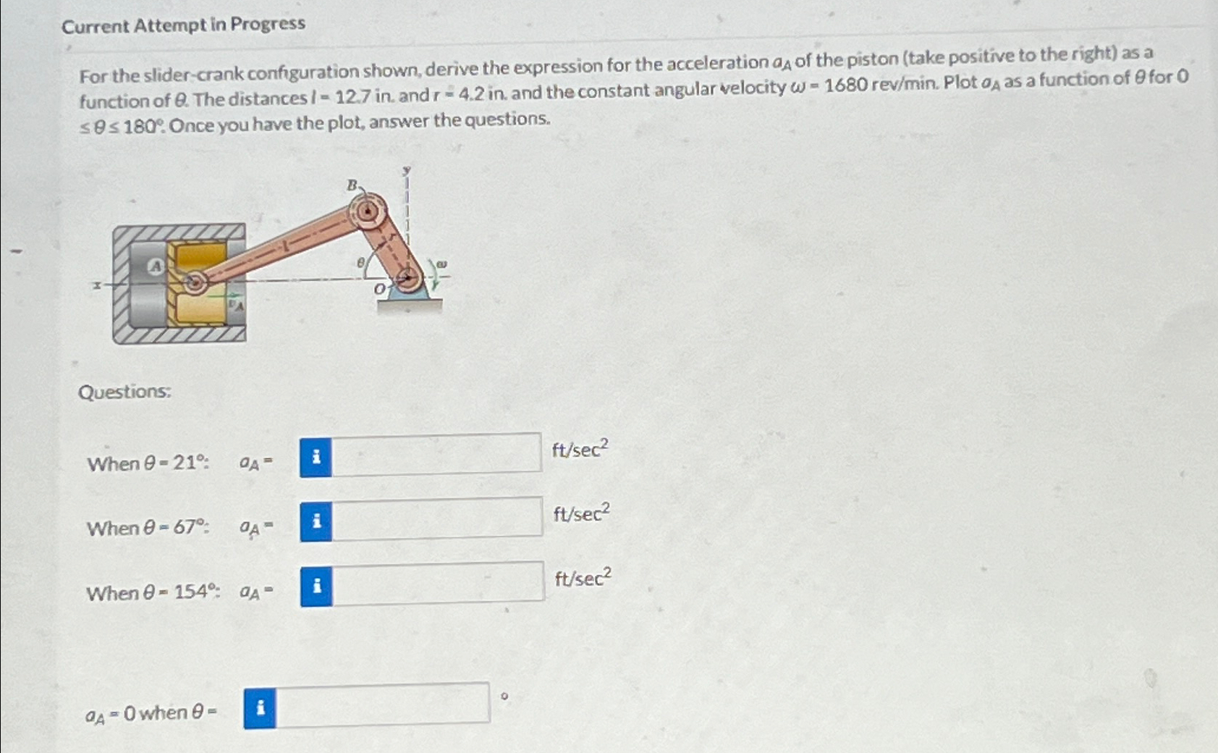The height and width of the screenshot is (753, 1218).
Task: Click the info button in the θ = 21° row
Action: click(316, 458)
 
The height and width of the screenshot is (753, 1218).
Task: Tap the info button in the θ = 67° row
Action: click(316, 521)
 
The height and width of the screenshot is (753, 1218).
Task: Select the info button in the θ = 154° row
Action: click(317, 586)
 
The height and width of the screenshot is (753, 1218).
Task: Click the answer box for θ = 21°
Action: click(436, 454)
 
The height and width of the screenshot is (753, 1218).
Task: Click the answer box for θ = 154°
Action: click(439, 583)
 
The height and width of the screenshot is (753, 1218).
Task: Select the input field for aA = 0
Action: click(383, 704)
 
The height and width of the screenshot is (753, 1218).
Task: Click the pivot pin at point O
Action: click(409, 277)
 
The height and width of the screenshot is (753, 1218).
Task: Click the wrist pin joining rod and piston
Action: click(195, 282)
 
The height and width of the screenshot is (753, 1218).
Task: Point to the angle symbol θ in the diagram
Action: click(360, 264)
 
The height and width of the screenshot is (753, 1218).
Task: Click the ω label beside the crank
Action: click(442, 264)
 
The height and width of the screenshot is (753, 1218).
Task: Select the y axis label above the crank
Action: click(407, 171)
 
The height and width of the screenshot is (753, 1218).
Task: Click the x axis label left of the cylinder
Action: click(97, 285)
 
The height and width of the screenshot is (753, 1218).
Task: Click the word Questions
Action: click(124, 392)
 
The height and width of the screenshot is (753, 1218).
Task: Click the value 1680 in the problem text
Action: click(845, 85)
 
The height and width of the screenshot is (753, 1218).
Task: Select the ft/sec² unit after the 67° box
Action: click(582, 513)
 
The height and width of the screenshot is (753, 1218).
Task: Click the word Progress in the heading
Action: click(268, 24)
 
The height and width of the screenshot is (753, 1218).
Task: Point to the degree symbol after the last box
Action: click(504, 697)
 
